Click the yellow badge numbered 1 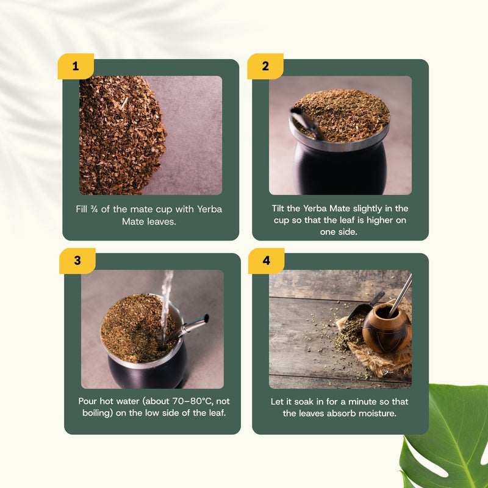coord(76,66)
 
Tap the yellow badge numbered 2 coord(265,66)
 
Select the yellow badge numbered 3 coord(77,260)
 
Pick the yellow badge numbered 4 coord(266,260)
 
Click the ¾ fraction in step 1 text coord(94,209)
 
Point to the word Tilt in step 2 coord(278,208)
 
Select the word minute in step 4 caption coord(362,401)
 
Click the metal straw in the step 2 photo coord(307,123)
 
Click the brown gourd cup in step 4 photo coord(387,328)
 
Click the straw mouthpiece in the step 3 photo coord(206,318)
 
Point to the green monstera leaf coord(448,436)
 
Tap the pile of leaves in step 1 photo coord(121,135)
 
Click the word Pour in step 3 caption coord(87,401)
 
